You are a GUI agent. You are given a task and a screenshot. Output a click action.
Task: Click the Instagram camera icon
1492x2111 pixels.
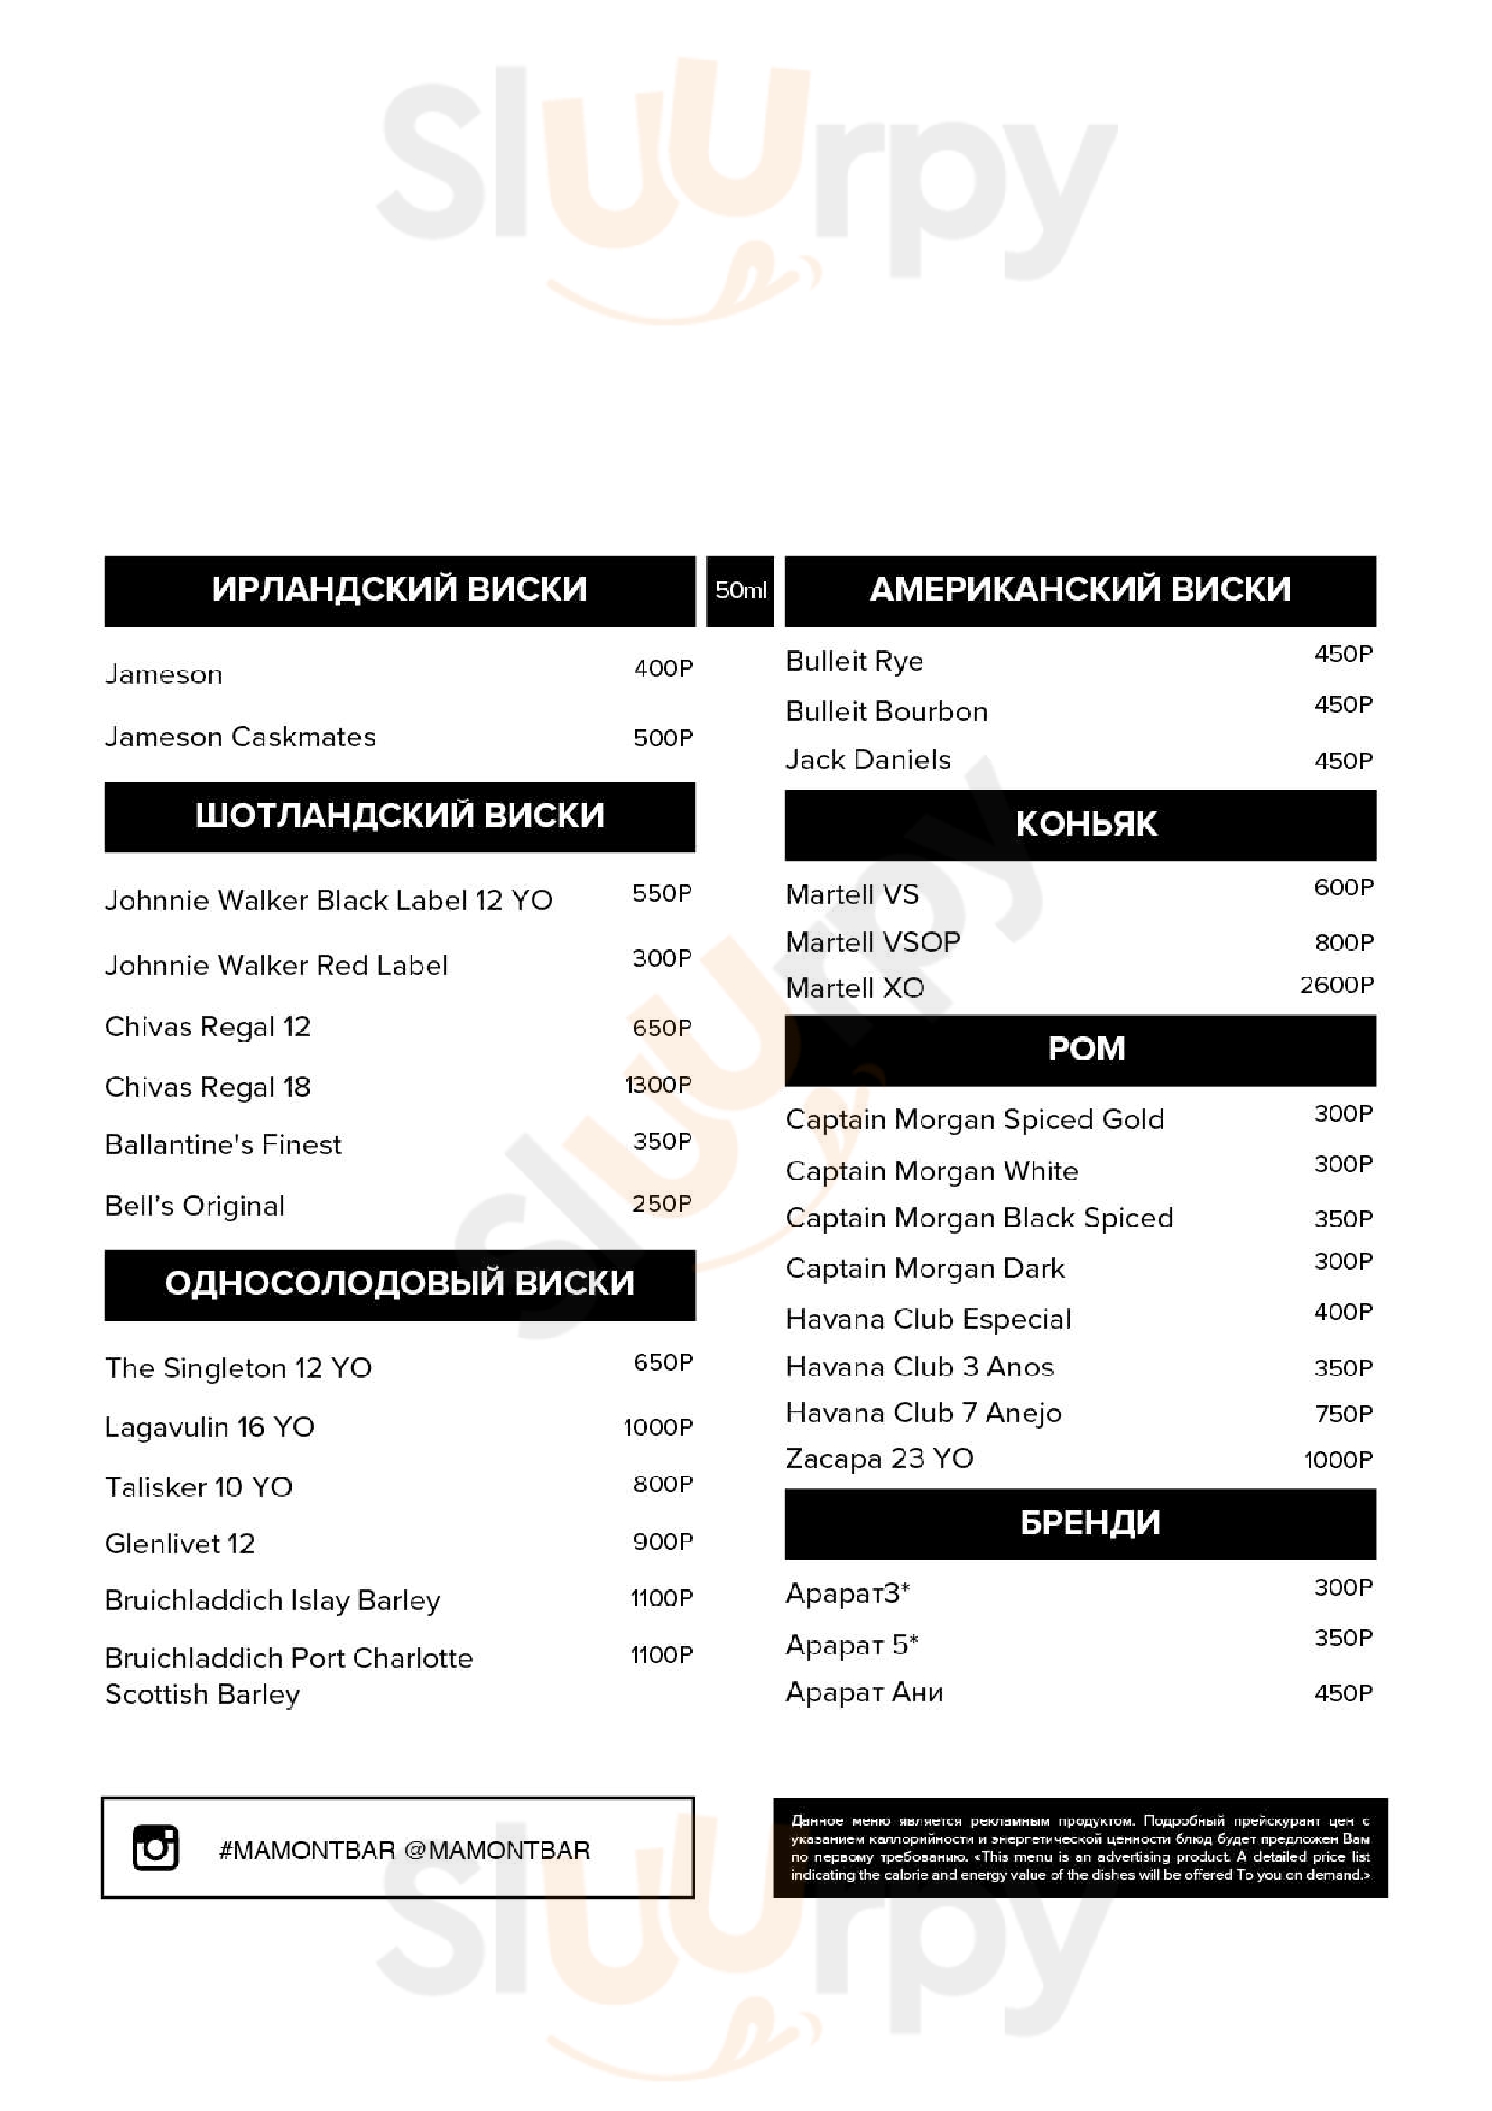[x=155, y=1847]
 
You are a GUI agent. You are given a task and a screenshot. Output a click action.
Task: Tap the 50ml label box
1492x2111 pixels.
[x=740, y=590]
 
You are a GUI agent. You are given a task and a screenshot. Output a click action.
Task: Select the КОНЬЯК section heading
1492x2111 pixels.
[x=1086, y=824]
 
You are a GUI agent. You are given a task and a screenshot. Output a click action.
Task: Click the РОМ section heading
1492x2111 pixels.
[x=1086, y=1049]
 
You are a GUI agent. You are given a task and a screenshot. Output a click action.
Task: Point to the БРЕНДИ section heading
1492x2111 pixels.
[x=1089, y=1523]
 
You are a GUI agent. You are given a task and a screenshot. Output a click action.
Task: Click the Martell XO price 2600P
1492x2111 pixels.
[x=1336, y=985]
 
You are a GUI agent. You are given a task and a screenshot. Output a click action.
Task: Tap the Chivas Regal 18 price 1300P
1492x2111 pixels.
[x=658, y=1085]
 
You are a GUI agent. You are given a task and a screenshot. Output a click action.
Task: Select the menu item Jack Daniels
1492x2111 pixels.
[x=867, y=759]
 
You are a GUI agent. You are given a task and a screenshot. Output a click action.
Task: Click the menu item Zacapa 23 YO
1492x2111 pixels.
[x=879, y=1458]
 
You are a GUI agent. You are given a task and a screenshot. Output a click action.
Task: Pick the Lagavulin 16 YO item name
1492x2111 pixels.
[x=209, y=1427]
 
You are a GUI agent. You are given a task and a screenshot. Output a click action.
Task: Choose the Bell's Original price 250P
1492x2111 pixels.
[x=662, y=1204]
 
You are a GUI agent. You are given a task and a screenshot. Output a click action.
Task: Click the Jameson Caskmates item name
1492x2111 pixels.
[x=240, y=736]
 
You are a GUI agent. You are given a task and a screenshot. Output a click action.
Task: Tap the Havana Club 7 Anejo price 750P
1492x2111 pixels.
[x=1343, y=1413]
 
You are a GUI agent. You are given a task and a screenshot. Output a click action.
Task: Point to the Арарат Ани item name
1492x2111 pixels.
[x=864, y=1691]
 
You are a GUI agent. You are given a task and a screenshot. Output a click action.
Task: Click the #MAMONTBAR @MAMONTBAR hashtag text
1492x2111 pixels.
[x=404, y=1850]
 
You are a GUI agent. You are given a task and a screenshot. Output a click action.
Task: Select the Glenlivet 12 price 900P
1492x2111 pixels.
[x=663, y=1541]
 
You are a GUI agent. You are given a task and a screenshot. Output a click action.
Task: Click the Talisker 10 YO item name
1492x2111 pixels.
[x=199, y=1486]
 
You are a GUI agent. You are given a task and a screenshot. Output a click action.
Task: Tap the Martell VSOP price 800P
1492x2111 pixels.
[x=1343, y=942]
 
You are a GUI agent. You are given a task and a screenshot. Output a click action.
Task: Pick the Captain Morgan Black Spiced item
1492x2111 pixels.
[x=979, y=1218]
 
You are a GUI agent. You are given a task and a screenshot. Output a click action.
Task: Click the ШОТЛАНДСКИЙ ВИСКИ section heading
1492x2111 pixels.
[x=399, y=816]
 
